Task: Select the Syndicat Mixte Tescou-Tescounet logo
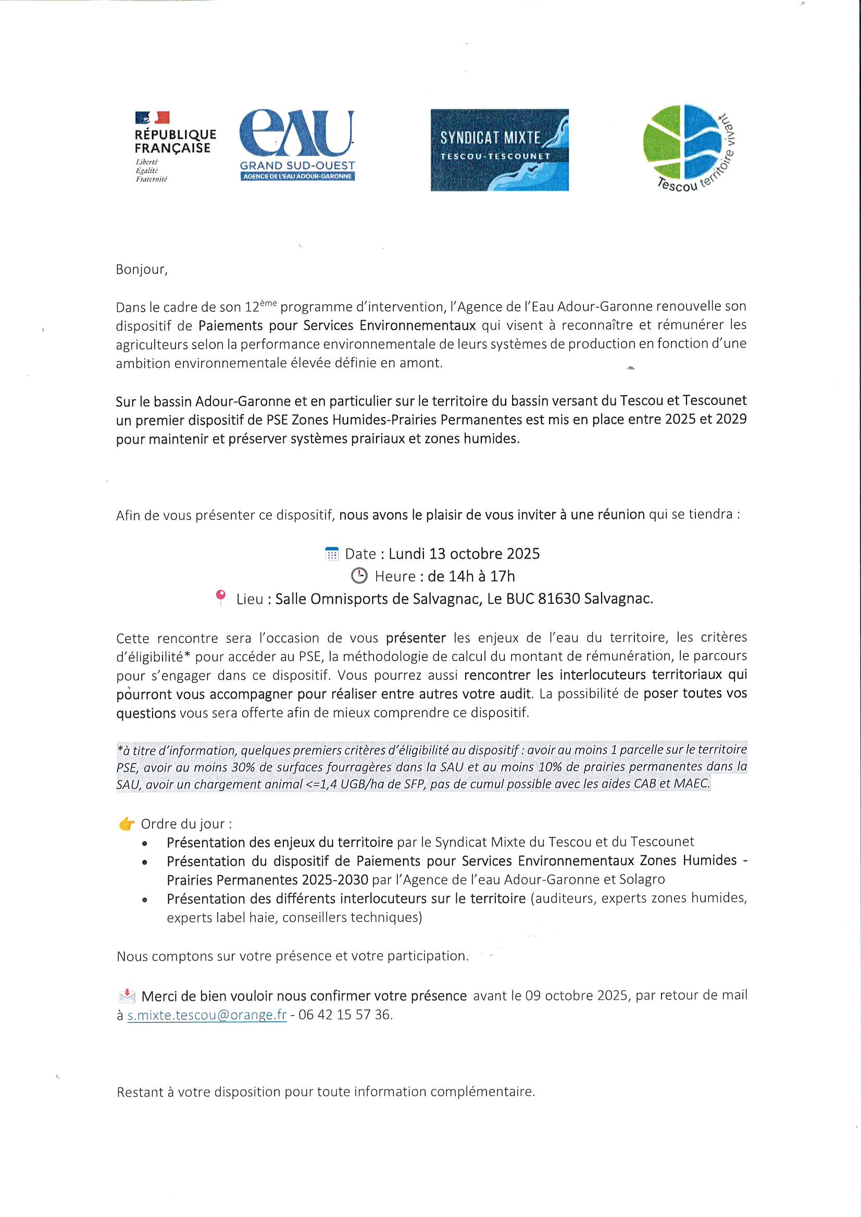click(499, 150)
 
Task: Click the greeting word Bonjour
click(141, 269)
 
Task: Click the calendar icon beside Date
click(332, 554)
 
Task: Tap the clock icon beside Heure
click(359, 576)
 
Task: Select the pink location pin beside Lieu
click(221, 598)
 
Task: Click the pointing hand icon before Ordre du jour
click(126, 824)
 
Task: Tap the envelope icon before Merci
click(127, 996)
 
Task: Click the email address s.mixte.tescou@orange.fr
click(207, 1015)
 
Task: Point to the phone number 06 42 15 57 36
click(344, 1015)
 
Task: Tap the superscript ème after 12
click(268, 302)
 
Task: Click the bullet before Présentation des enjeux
click(145, 843)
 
